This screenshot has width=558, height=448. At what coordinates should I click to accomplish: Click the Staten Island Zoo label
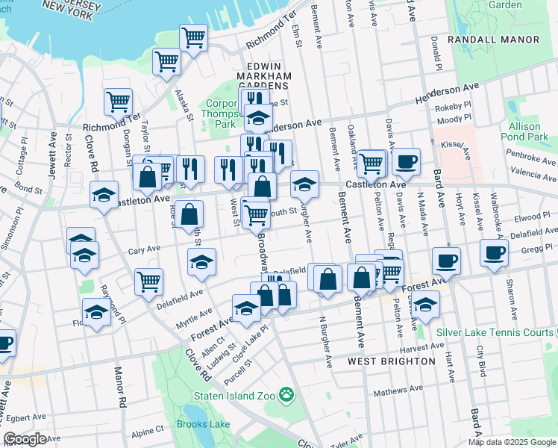234,395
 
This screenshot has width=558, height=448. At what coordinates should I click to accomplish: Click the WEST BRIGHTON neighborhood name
392,361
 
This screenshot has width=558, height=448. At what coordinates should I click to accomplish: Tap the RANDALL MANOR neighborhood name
493,39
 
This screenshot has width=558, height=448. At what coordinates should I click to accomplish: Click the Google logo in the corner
25,439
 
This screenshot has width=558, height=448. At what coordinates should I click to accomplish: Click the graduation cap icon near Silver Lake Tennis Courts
425,305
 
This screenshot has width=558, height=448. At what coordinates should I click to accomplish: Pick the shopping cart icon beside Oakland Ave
371,163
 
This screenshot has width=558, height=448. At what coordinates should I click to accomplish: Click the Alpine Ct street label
148,431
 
